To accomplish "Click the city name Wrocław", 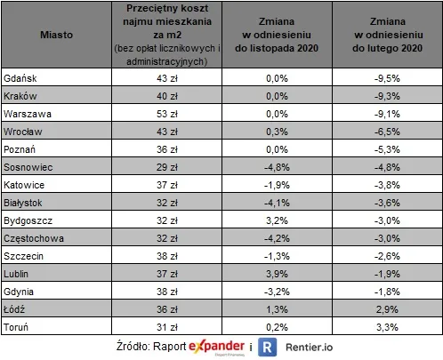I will coord(21,132).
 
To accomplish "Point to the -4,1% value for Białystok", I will coord(276,205).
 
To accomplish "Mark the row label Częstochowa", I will coord(30,241).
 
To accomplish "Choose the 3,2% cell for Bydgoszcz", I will coord(276,223).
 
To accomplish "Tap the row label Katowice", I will coord(24,187).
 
